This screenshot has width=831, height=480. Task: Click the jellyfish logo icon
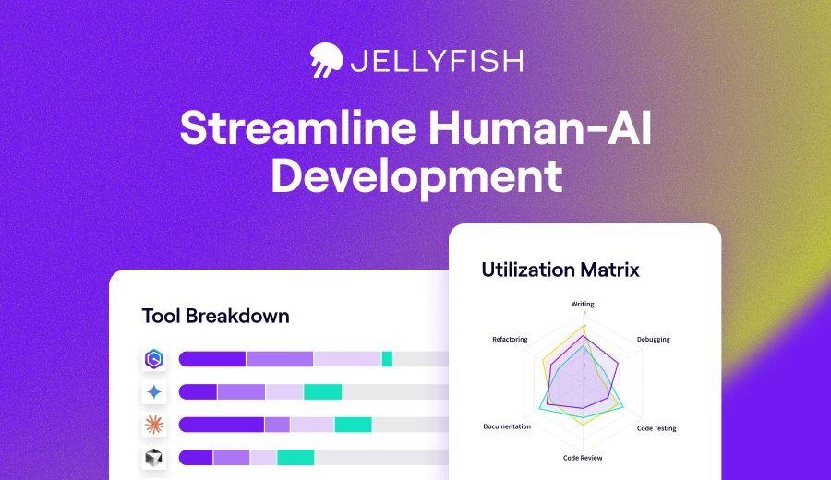pos(326,60)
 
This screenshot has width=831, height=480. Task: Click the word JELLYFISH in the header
pos(436,61)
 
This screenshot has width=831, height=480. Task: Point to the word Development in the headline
pos(415,175)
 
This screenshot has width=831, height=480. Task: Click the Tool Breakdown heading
pos(215,316)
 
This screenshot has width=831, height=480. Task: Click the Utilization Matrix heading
pos(560,270)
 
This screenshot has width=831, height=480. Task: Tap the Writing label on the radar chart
pos(583,304)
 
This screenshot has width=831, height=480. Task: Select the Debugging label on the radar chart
pos(653,339)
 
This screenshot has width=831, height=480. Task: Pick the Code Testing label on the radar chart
pos(656,428)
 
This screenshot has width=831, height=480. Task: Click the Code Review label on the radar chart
pos(583,458)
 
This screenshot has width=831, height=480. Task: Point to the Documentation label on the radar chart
pos(507,426)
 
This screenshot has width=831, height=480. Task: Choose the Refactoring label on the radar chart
pos(510,339)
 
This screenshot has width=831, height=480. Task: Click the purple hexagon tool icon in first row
pos(153,359)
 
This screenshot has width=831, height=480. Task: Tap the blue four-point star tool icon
pos(153,391)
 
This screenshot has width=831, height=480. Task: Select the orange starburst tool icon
pos(153,425)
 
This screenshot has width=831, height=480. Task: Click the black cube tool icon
pos(153,457)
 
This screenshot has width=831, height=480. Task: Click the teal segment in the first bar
pos(387,359)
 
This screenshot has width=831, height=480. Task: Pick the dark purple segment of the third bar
pos(221,425)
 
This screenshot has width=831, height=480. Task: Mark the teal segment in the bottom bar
pos(295,457)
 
